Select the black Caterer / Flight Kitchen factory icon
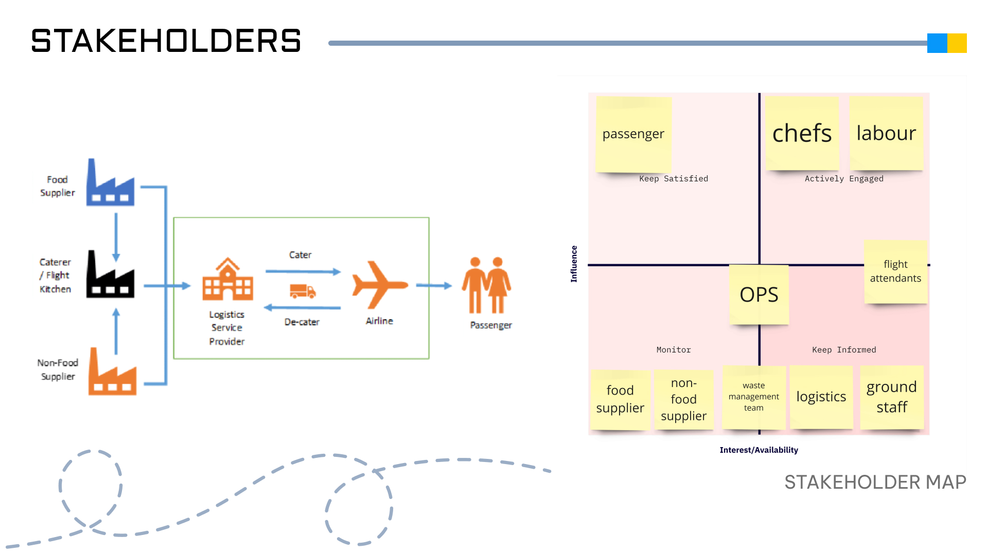click(x=110, y=275)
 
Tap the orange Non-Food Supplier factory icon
click(x=112, y=373)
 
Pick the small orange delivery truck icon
click(x=303, y=291)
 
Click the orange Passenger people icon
click(x=486, y=285)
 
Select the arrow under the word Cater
click(x=303, y=271)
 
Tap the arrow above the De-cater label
click(x=302, y=308)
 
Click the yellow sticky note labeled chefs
click(x=802, y=134)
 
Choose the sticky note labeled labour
click(x=886, y=134)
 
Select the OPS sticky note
click(x=759, y=294)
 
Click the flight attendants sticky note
click(x=895, y=271)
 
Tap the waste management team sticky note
click(x=754, y=397)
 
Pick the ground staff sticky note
click(x=892, y=397)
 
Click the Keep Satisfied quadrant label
click(x=674, y=179)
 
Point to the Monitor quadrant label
click(x=674, y=350)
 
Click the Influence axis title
click(x=574, y=264)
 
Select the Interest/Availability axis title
click(x=758, y=450)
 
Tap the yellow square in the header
click(x=957, y=43)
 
